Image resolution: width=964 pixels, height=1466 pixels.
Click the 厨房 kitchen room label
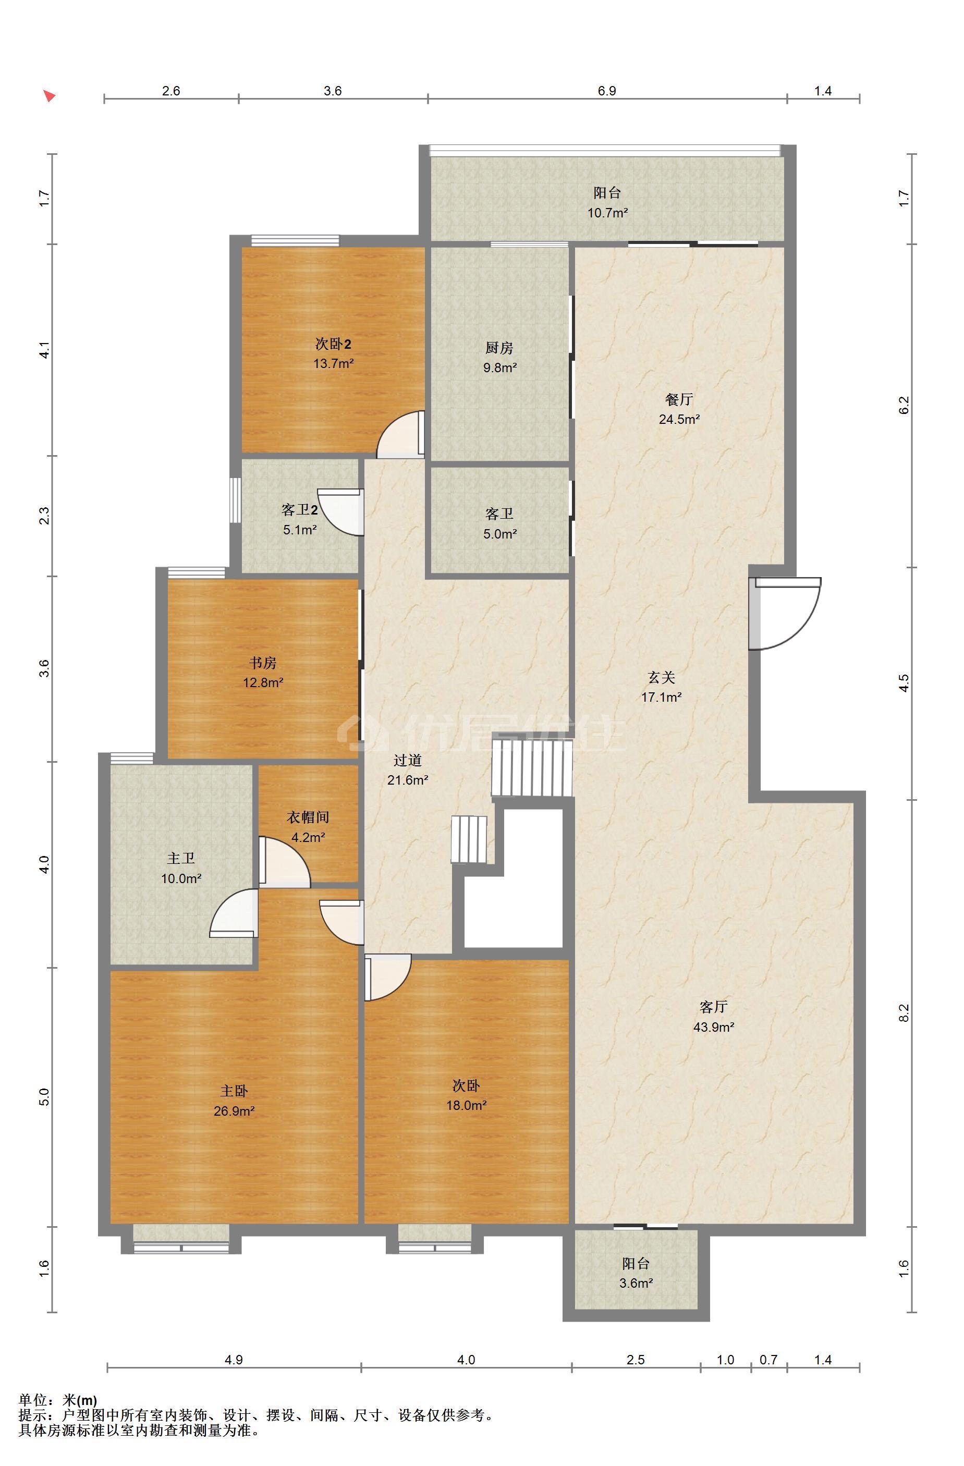(x=498, y=348)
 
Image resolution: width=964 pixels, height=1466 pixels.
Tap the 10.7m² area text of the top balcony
(x=607, y=213)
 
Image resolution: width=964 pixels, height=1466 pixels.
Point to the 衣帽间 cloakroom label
(x=308, y=817)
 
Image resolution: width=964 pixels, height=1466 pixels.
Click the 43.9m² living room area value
(x=714, y=1027)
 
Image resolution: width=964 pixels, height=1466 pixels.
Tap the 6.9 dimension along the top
(x=607, y=91)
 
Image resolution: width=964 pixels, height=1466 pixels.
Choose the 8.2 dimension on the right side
(x=904, y=1012)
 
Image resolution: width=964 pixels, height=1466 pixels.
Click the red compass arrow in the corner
(x=50, y=96)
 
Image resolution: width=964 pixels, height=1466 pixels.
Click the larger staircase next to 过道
(x=532, y=768)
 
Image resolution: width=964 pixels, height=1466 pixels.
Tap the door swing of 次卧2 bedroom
(x=400, y=435)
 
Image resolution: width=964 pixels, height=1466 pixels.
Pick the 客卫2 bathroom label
(x=299, y=510)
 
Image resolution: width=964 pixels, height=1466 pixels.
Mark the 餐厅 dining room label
(x=679, y=399)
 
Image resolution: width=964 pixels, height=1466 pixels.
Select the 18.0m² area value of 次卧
(x=466, y=1105)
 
